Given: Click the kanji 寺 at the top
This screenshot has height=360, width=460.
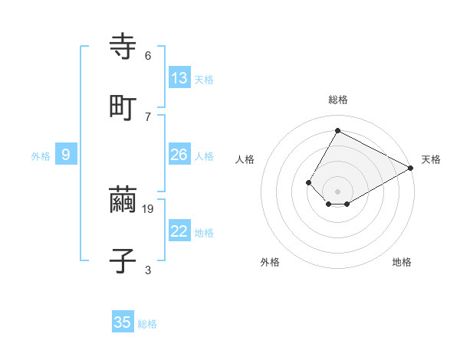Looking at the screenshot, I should [123, 47].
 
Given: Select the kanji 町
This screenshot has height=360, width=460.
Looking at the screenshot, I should [123, 107].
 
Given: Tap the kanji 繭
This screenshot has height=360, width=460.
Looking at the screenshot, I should [123, 201].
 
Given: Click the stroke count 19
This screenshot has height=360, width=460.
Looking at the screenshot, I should [149, 208].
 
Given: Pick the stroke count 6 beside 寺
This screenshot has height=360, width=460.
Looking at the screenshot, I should [147, 56].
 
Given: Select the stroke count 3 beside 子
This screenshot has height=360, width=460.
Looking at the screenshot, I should [147, 269].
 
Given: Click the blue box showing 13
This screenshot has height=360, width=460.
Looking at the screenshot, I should [179, 78].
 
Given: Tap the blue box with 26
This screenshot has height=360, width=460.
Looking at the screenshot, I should [179, 155].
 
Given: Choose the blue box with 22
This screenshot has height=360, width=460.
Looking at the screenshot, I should [179, 231].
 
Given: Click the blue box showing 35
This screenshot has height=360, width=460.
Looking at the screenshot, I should [123, 322].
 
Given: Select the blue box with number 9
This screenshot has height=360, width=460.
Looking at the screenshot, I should [66, 155].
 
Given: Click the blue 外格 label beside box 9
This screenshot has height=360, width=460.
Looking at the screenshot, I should [41, 156].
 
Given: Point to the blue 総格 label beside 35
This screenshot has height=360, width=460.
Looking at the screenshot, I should [147, 324].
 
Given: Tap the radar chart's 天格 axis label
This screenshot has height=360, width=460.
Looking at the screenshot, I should [431, 159].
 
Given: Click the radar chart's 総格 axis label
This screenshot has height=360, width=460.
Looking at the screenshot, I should [338, 100].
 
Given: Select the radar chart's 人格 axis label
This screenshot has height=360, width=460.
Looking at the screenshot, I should [245, 159].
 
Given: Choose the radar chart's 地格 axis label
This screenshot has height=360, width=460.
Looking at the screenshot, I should [402, 262].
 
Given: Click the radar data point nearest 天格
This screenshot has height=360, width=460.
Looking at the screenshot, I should [410, 168].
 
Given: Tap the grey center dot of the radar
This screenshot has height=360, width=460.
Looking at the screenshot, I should [338, 191].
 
